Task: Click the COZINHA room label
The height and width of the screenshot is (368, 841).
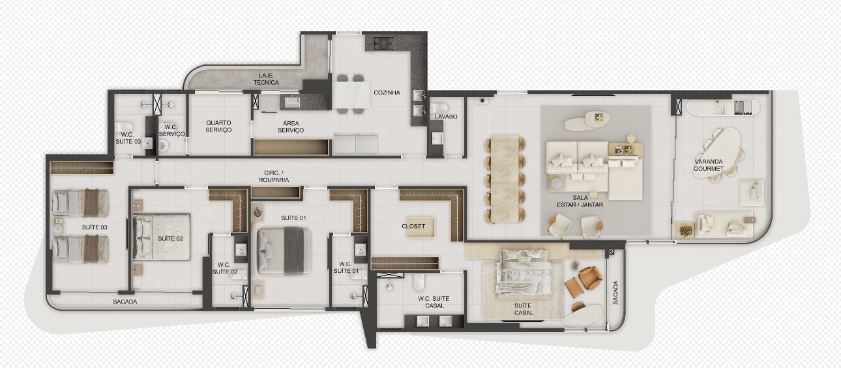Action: [x=387, y=92]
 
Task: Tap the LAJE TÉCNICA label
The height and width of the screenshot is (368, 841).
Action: [x=266, y=79]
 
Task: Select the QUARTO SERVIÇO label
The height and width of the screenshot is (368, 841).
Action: [x=218, y=126]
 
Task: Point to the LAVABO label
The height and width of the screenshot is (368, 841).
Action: [x=446, y=117]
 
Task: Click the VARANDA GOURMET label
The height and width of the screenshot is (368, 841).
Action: [x=709, y=165]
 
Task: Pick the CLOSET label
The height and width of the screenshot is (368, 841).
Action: [x=413, y=226]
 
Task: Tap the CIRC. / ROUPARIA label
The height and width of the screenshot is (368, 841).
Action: [x=274, y=177]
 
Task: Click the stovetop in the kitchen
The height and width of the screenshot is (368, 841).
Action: [x=384, y=43]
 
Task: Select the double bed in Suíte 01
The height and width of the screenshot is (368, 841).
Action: [x=284, y=251]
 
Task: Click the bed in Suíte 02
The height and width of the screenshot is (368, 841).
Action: [x=162, y=237]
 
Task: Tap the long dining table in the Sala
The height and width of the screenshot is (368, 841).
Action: [x=505, y=179]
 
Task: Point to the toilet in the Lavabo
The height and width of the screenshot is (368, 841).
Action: [x=438, y=107]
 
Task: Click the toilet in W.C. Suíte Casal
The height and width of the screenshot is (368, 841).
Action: [x=419, y=282]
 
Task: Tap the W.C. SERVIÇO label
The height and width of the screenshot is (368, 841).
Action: [x=171, y=130]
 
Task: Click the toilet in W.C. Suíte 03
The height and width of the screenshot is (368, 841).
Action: [x=123, y=127]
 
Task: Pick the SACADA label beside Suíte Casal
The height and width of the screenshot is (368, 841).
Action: [x=615, y=292]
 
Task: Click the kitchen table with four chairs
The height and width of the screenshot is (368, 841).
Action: [x=351, y=94]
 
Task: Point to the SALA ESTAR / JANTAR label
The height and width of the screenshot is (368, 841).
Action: [x=580, y=201]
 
